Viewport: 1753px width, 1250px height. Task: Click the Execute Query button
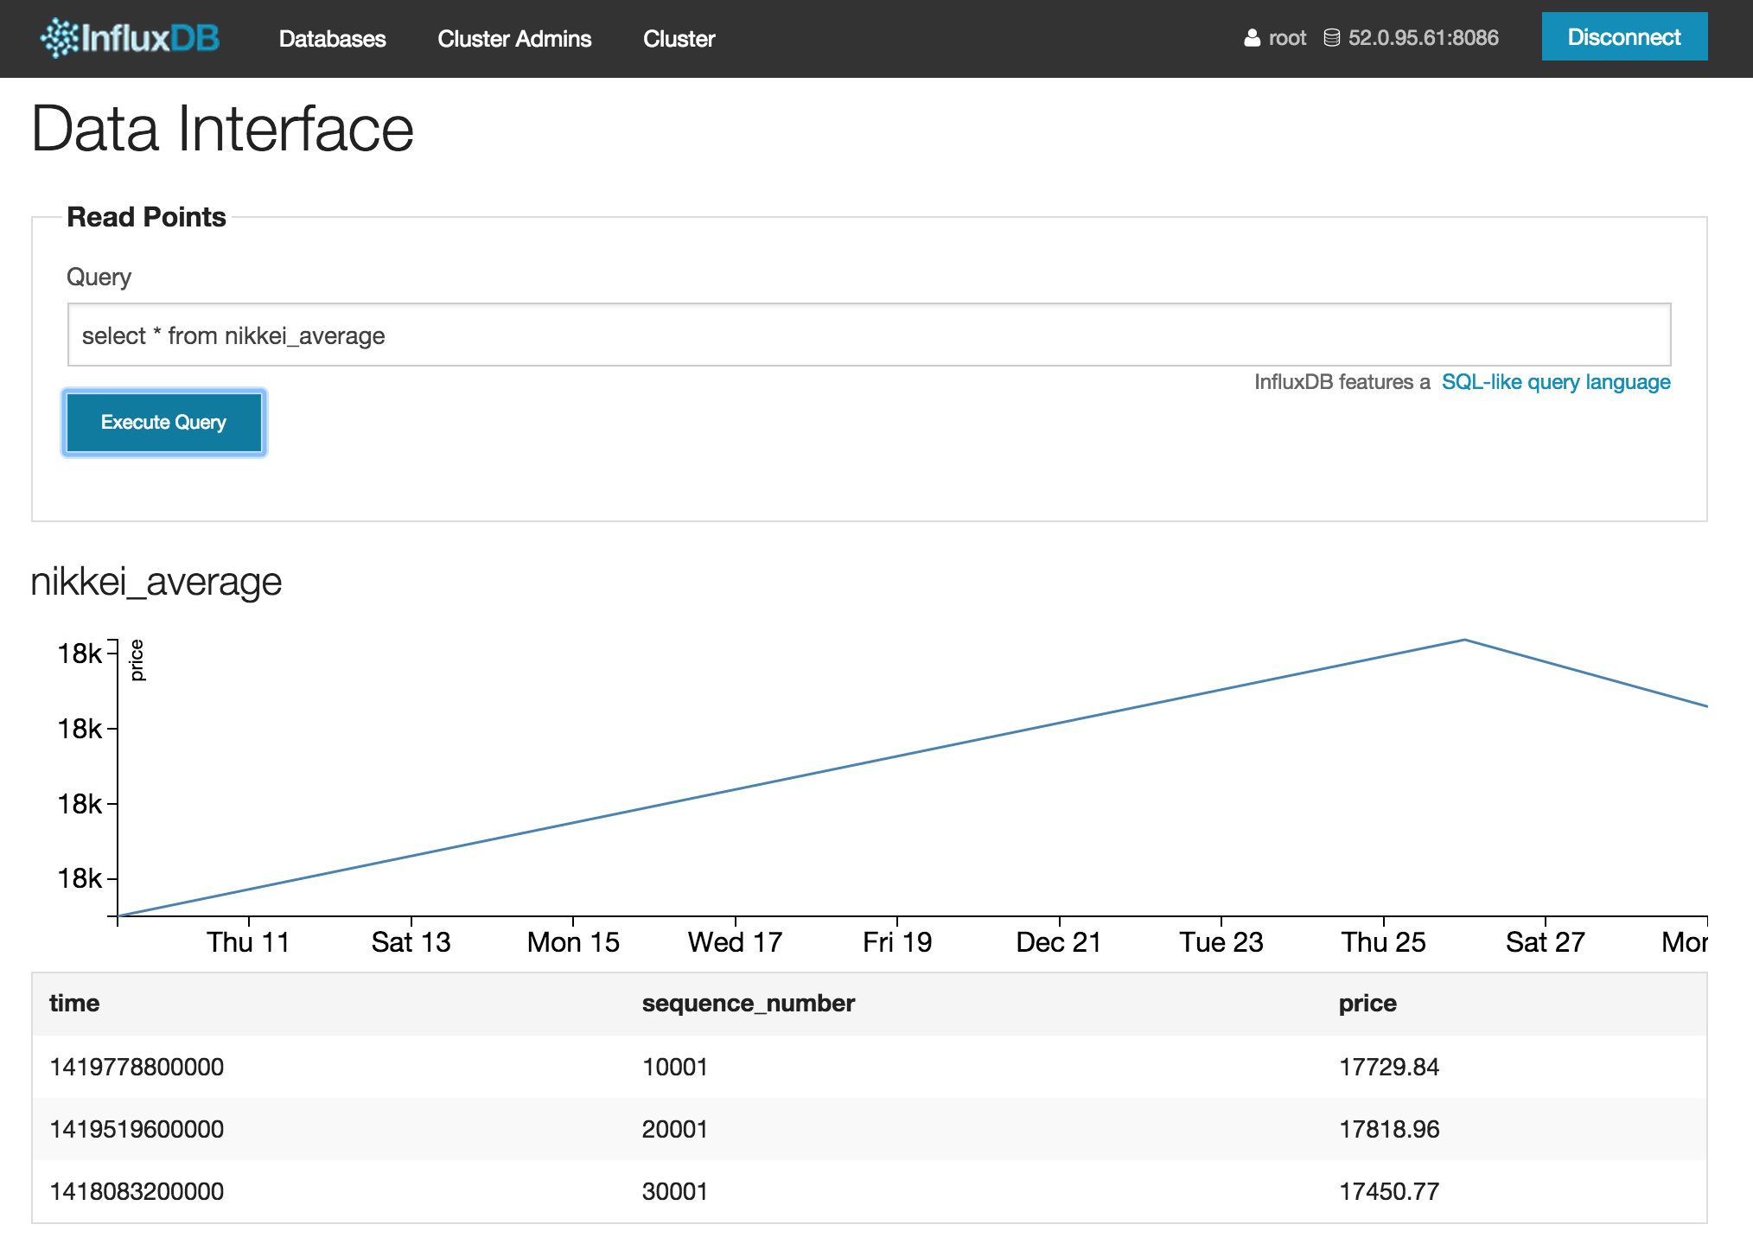pyautogui.click(x=164, y=423)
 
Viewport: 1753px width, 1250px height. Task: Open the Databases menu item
pyautogui.click(x=333, y=39)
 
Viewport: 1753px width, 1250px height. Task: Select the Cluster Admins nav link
pyautogui.click(x=514, y=39)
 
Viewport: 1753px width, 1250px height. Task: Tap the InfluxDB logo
pyautogui.click(x=130, y=38)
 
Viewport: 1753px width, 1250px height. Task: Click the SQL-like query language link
pyautogui.click(x=1556, y=382)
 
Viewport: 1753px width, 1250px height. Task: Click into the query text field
pyautogui.click(x=869, y=335)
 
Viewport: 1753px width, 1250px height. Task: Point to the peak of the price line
pyautogui.click(x=1464, y=640)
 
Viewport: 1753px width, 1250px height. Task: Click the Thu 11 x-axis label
pyautogui.click(x=248, y=942)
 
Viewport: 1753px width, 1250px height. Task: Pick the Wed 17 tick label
pyautogui.click(x=735, y=942)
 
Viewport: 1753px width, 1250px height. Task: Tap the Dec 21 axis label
pyautogui.click(x=1059, y=942)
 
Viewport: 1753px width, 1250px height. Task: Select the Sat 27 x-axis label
pyautogui.click(x=1546, y=942)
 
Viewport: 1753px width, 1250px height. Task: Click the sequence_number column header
pyautogui.click(x=749, y=1004)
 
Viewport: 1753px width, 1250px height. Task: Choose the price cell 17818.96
pyautogui.click(x=1389, y=1129)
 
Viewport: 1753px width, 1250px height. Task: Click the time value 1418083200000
pyautogui.click(x=137, y=1191)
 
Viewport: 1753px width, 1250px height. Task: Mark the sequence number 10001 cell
pyautogui.click(x=675, y=1067)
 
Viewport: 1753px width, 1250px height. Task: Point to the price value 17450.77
pyautogui.click(x=1389, y=1191)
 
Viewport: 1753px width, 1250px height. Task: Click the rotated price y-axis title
pyautogui.click(x=137, y=660)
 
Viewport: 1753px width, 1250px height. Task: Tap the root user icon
pyautogui.click(x=1252, y=38)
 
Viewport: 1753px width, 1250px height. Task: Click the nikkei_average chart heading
pyautogui.click(x=156, y=582)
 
